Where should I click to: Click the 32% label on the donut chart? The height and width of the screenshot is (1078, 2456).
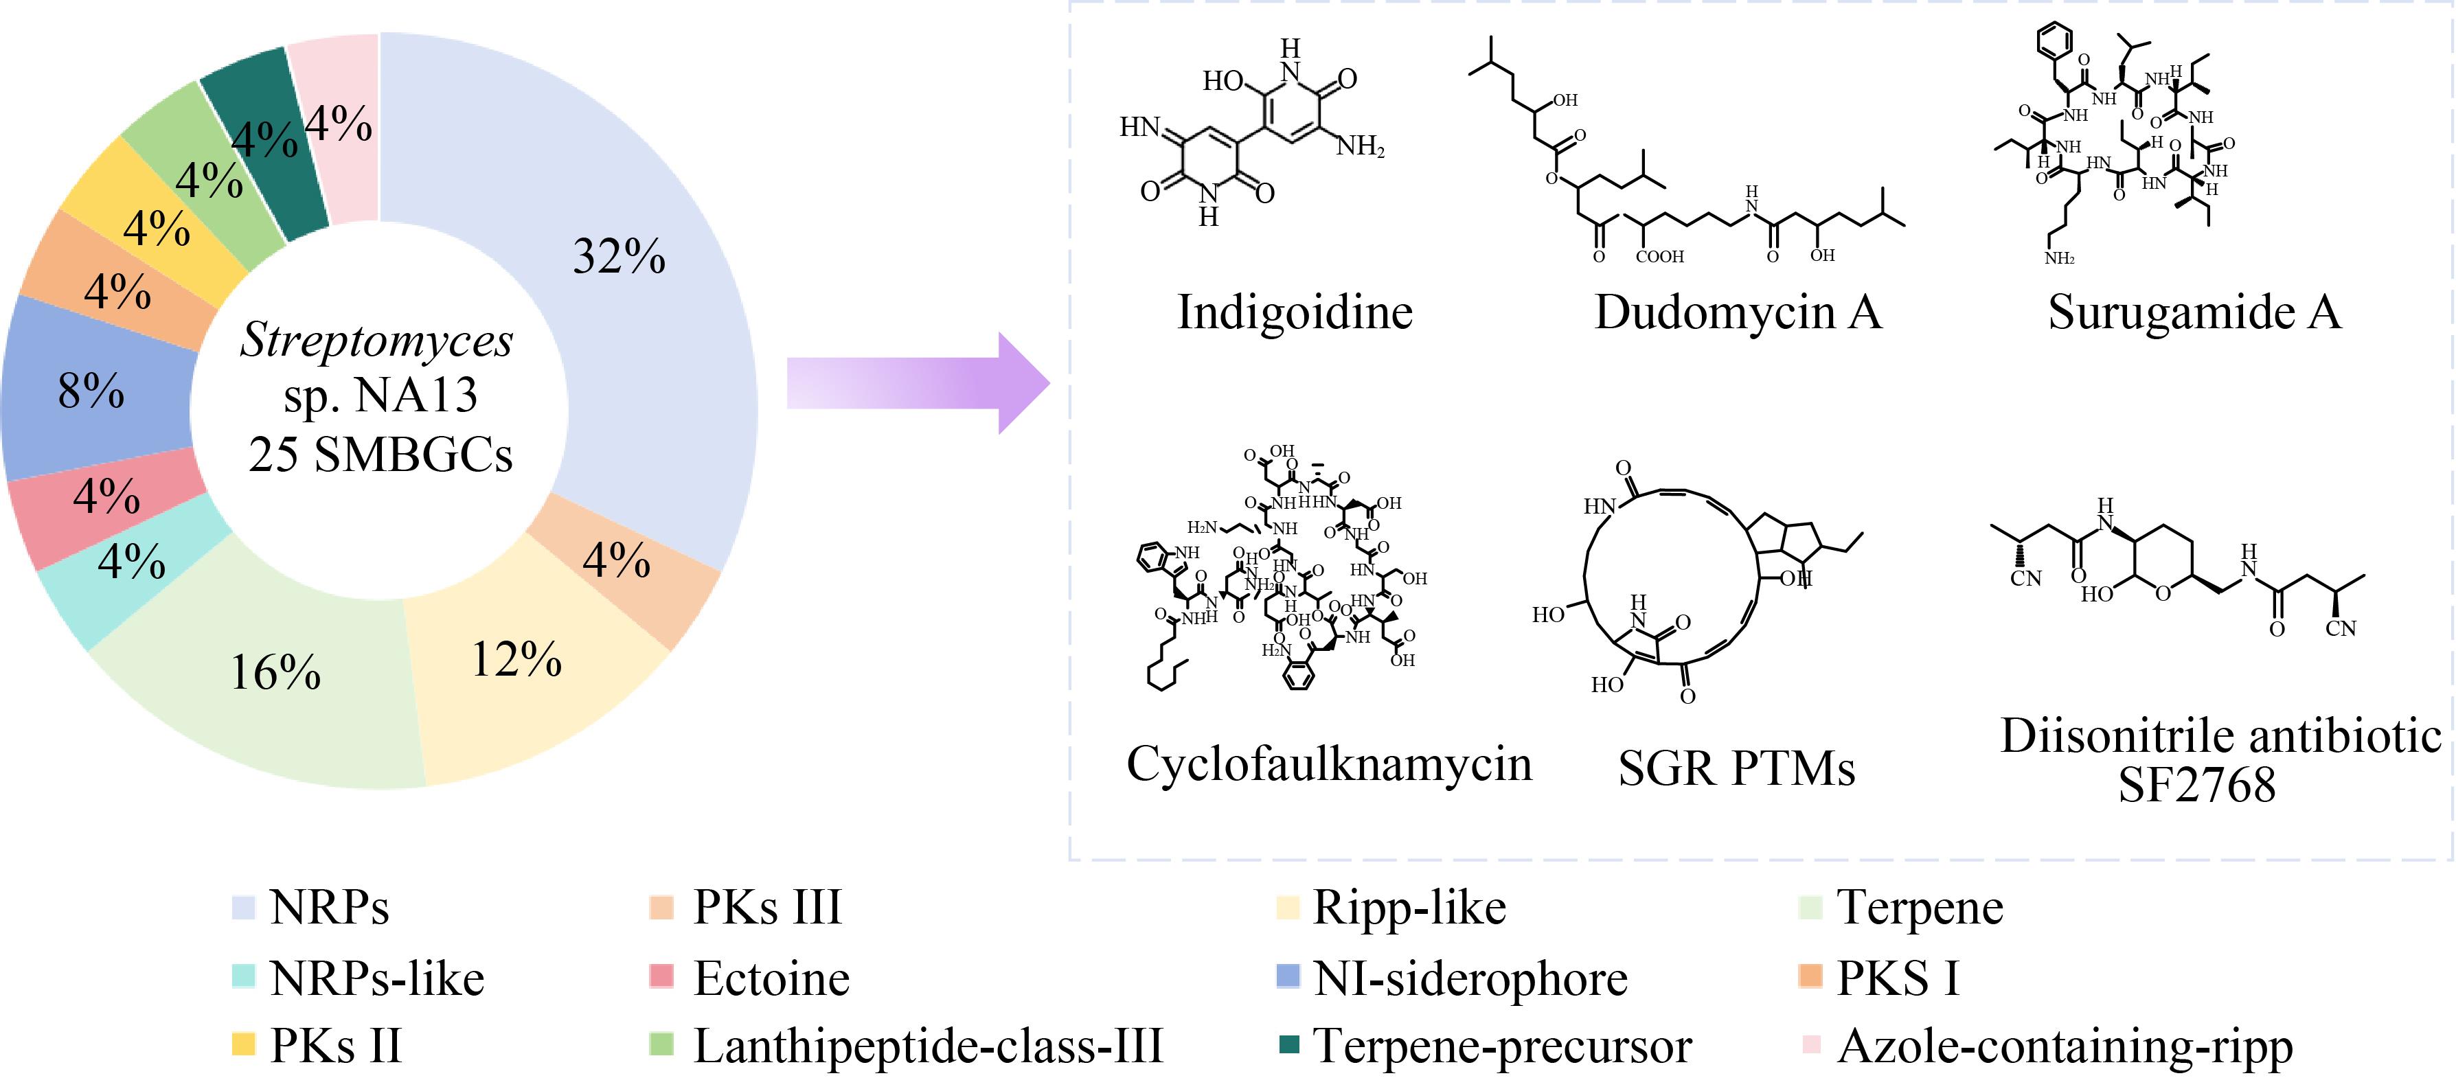tap(619, 255)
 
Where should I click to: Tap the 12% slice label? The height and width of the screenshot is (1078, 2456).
tap(516, 658)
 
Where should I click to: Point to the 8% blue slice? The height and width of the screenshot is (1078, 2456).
tap(95, 389)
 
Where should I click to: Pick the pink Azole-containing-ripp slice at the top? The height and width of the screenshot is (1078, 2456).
tap(339, 124)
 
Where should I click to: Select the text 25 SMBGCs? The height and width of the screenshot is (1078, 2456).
tap(380, 454)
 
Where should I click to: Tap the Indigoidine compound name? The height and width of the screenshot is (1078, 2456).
tap(1295, 312)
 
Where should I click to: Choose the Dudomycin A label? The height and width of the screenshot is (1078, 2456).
tap(1738, 312)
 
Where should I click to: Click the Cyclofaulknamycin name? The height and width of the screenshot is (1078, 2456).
tap(1329, 764)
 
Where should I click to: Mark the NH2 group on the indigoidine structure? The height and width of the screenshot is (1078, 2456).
tap(1361, 146)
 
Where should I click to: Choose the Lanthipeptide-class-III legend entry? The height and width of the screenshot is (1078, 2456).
tap(907, 1046)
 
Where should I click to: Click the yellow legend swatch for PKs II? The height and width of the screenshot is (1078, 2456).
tap(244, 1044)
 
